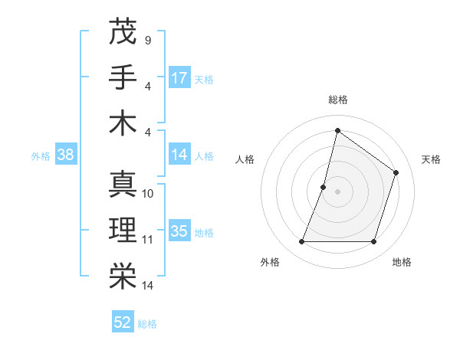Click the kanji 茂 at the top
[x=123, y=33]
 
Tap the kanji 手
[x=123, y=77]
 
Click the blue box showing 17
[x=179, y=77]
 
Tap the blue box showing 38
[x=65, y=155]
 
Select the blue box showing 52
[x=123, y=322]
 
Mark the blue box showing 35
[x=179, y=231]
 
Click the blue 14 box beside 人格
[x=179, y=155]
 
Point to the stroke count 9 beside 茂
[x=147, y=41]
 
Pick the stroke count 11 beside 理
[x=148, y=240]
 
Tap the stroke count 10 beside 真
[x=148, y=194]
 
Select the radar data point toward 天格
[x=396, y=172]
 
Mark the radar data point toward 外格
[x=301, y=242]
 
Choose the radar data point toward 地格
[x=374, y=242]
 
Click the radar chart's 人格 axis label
[x=245, y=159]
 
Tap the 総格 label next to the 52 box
[x=147, y=323]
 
